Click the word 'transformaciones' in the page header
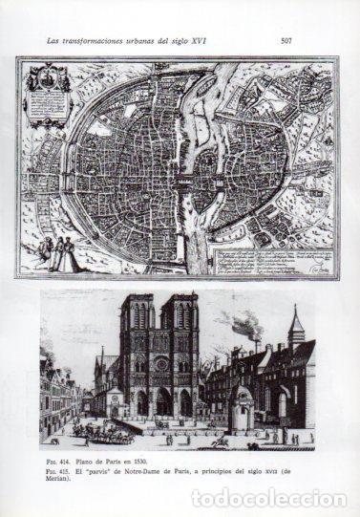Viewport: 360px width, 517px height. [98, 41]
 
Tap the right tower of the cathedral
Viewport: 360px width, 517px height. [181, 325]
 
